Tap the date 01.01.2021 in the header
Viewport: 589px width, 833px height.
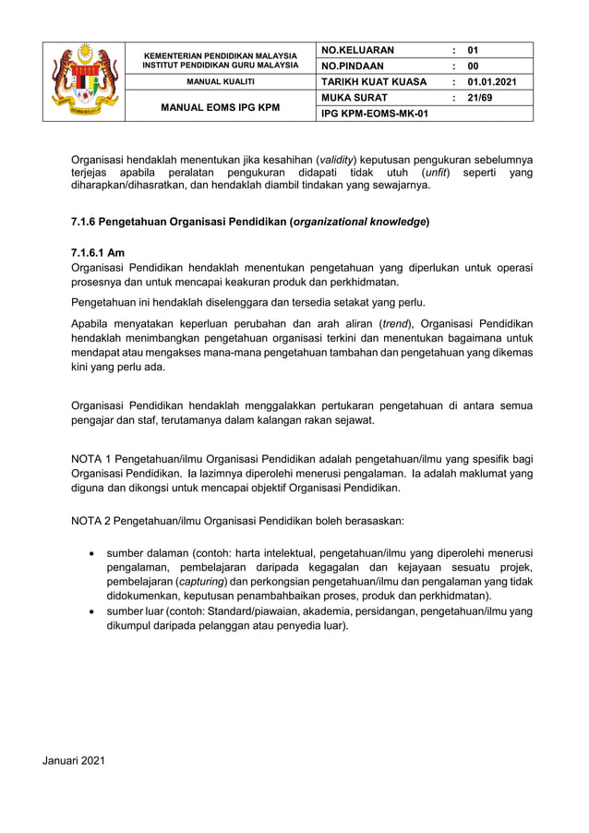click(x=492, y=81)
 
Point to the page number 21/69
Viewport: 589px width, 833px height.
click(x=481, y=97)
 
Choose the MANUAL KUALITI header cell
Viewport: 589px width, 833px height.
click(x=220, y=82)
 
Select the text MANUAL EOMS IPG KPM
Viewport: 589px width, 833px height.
click(x=220, y=106)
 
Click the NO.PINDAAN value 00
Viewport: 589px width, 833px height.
click(x=474, y=66)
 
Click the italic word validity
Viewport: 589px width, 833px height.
click(x=339, y=160)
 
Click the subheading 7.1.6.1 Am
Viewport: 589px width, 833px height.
click(x=97, y=253)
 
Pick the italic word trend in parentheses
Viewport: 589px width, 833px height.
click(x=396, y=323)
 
